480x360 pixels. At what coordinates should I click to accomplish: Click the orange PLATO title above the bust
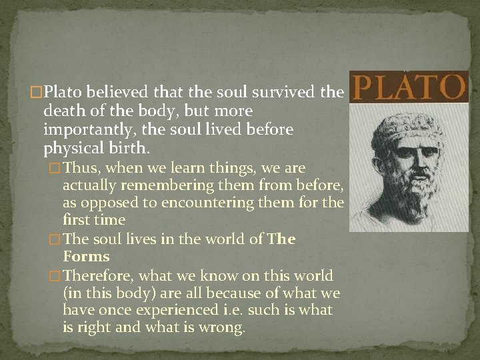point(408,87)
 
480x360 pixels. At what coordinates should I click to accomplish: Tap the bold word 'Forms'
point(86,256)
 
